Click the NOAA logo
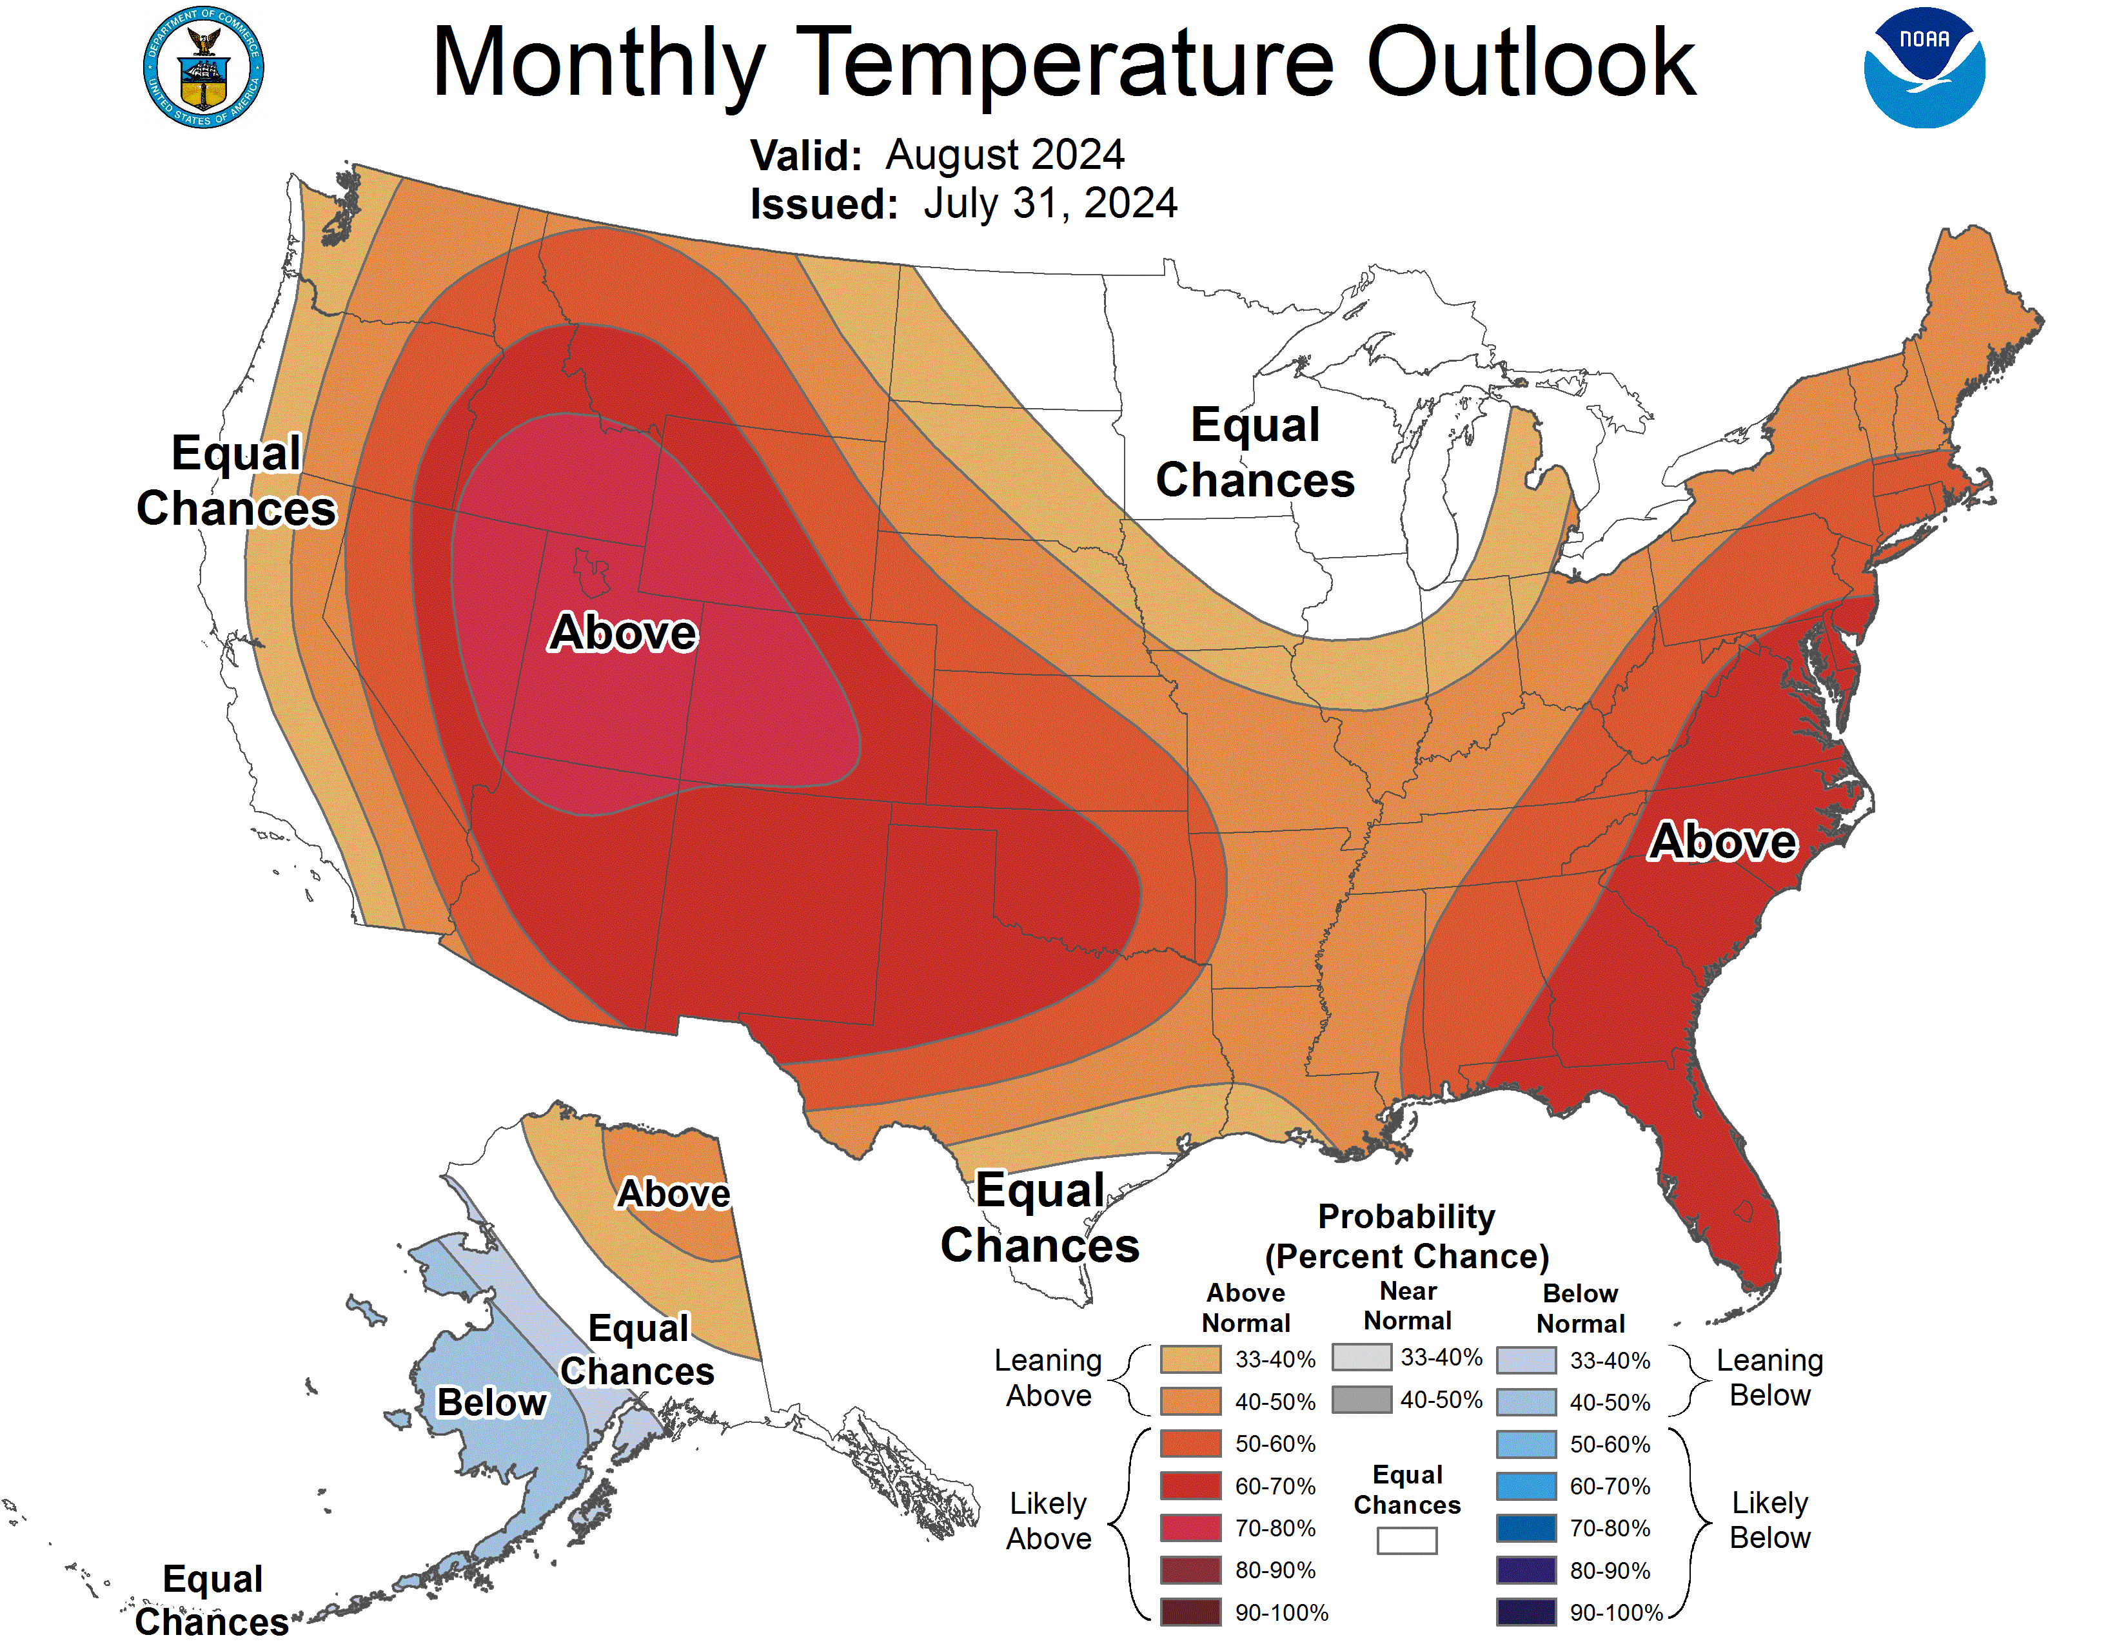pyautogui.click(x=1924, y=68)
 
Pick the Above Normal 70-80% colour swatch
pyautogui.click(x=1190, y=1527)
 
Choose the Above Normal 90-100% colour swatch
pyautogui.click(x=1190, y=1612)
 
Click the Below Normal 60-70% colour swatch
pyautogui.click(x=1526, y=1486)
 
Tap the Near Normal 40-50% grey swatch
pyautogui.click(x=1361, y=1400)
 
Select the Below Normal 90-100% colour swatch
pyautogui.click(x=1526, y=1612)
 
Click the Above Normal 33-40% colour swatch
pyautogui.click(x=1190, y=1358)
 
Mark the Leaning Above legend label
pyautogui.click(x=1049, y=1377)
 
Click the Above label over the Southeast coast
pyautogui.click(x=1722, y=841)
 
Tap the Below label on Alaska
pyautogui.click(x=491, y=1402)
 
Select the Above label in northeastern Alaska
pyautogui.click(x=673, y=1193)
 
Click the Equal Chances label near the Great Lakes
pyautogui.click(x=1255, y=453)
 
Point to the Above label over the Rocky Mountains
pyautogui.click(x=623, y=633)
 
